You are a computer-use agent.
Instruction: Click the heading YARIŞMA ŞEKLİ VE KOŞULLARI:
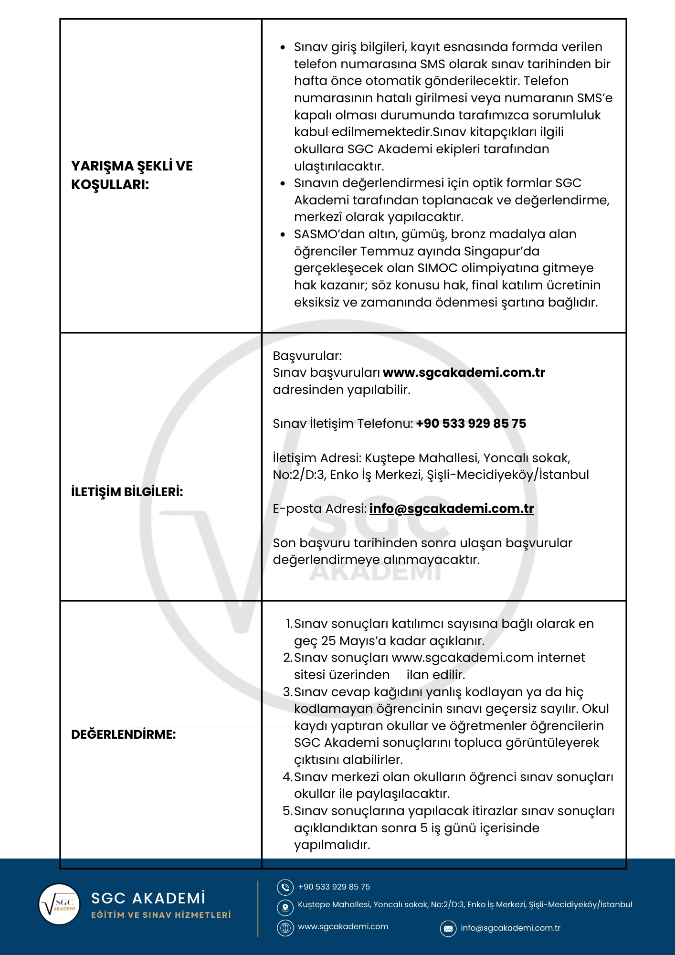(x=132, y=175)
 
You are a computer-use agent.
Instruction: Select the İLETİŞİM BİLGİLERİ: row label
(x=127, y=492)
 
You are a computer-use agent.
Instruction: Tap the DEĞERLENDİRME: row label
(x=123, y=734)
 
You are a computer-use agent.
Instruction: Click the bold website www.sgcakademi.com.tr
(x=464, y=372)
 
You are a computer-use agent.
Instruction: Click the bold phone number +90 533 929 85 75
(x=471, y=424)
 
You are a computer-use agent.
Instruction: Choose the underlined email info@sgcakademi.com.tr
(x=451, y=509)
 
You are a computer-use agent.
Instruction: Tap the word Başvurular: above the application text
(x=307, y=356)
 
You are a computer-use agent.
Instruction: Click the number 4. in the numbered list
(x=287, y=777)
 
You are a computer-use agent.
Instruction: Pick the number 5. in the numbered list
(x=287, y=811)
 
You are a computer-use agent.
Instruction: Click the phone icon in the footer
(x=285, y=887)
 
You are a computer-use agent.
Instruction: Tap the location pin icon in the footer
(x=285, y=907)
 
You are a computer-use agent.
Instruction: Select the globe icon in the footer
(x=285, y=928)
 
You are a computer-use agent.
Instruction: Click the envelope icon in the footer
(x=448, y=929)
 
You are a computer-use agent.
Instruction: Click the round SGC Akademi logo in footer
(x=59, y=904)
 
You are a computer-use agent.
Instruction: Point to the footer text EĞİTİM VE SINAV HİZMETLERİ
(x=161, y=915)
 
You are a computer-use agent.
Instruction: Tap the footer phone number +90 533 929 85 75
(x=334, y=887)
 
